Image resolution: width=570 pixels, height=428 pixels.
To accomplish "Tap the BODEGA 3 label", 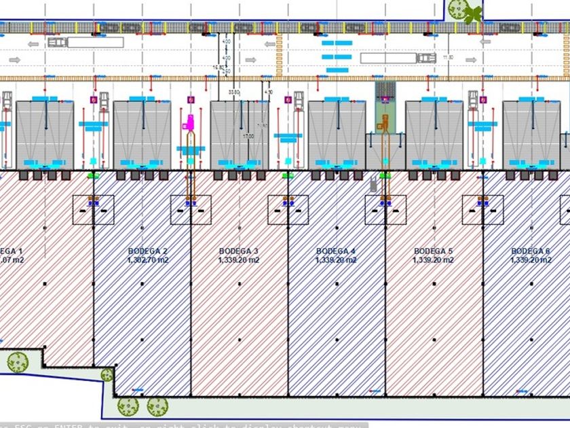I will click(238, 251).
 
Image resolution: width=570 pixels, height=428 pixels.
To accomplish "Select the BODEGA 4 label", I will click(336, 251).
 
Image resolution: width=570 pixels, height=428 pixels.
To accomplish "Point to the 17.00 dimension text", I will click(248, 137).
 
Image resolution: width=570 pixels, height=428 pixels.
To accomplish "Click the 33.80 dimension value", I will click(234, 91).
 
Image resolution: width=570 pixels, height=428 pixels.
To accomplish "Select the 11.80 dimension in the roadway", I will click(447, 58).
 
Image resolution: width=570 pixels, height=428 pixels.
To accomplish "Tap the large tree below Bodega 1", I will click(17, 362).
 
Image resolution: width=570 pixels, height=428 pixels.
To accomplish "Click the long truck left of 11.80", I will click(398, 58).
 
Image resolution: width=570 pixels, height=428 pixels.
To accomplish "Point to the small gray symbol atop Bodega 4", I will click(373, 183).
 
